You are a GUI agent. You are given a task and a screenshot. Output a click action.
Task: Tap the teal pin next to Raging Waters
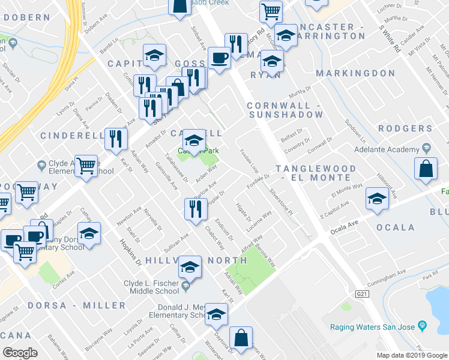(x=423, y=326)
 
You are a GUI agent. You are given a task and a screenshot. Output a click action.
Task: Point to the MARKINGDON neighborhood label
(x=355, y=73)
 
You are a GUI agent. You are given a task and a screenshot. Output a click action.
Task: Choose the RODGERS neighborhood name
(x=405, y=128)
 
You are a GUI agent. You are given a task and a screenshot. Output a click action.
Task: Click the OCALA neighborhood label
(x=395, y=227)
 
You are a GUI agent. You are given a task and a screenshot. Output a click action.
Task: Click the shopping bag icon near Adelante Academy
(x=426, y=170)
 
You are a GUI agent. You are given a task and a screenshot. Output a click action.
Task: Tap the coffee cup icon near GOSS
(x=218, y=58)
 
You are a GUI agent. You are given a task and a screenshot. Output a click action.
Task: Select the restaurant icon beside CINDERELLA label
(x=114, y=138)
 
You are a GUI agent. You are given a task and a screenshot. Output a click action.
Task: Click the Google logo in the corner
(x=20, y=353)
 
